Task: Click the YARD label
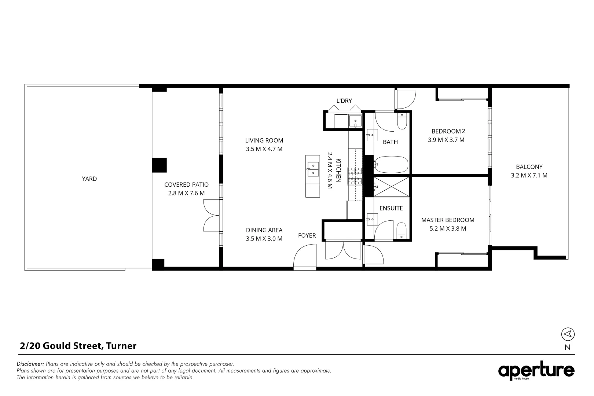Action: pyautogui.click(x=89, y=179)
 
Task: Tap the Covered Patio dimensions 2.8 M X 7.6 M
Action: pyautogui.click(x=186, y=193)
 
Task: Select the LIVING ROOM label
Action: pyautogui.click(x=264, y=140)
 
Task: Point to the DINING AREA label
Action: pyautogui.click(x=264, y=230)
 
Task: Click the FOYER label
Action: pyautogui.click(x=307, y=235)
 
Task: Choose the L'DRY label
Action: pyautogui.click(x=344, y=101)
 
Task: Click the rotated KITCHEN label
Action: pyautogui.click(x=338, y=170)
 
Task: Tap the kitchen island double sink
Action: pyautogui.click(x=313, y=169)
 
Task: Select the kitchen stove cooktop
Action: pyautogui.click(x=355, y=176)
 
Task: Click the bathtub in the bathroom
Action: pyautogui.click(x=391, y=164)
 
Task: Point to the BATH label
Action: pyautogui.click(x=390, y=142)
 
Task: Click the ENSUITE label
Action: pyautogui.click(x=391, y=208)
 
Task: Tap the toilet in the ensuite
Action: pyautogui.click(x=401, y=231)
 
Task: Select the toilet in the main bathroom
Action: pyautogui.click(x=402, y=121)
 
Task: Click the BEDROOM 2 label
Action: pyautogui.click(x=448, y=131)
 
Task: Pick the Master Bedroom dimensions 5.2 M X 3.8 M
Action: pyautogui.click(x=448, y=229)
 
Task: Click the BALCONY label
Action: pyautogui.click(x=529, y=167)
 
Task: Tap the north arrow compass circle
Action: pyautogui.click(x=568, y=334)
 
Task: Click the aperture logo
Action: pyautogui.click(x=536, y=371)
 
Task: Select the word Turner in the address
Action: pyautogui.click(x=121, y=346)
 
